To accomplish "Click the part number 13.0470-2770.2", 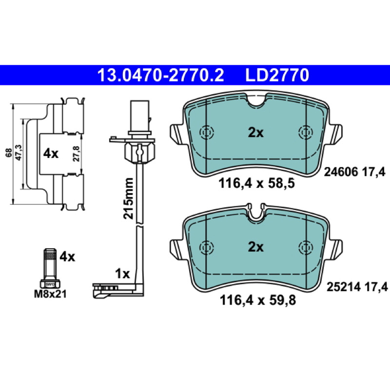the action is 161,75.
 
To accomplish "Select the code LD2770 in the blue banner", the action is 277,75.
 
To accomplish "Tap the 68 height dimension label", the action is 9,153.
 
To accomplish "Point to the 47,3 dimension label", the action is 19,152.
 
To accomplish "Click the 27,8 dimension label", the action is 77,154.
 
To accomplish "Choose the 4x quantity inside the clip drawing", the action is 51,154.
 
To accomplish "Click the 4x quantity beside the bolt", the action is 67,256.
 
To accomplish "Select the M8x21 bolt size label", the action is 50,294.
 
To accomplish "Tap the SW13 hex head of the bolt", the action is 50,284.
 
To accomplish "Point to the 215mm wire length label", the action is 129,198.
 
